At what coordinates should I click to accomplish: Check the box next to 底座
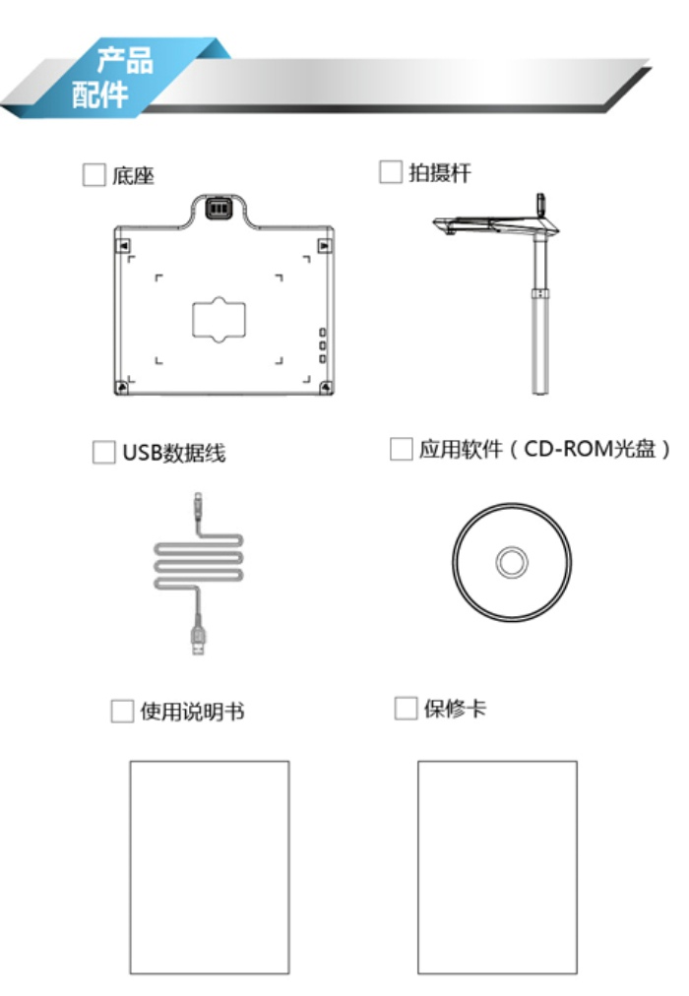94,174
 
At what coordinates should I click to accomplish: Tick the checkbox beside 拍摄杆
391,171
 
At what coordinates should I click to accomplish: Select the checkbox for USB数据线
104,453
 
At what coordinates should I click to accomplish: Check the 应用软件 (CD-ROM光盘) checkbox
401,449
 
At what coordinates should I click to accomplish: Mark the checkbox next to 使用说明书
122,712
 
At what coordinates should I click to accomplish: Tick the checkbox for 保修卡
406,708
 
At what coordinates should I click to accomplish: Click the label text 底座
133,175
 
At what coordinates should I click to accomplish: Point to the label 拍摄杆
440,172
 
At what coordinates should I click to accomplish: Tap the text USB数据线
174,453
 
